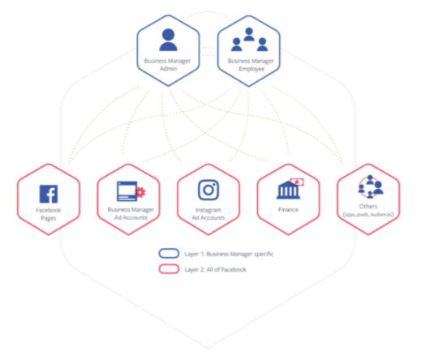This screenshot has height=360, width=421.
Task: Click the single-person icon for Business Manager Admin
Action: click(168, 40)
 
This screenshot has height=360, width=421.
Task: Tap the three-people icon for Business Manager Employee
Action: click(249, 40)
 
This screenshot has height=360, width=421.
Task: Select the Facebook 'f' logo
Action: click(49, 194)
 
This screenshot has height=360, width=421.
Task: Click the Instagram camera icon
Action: click(208, 190)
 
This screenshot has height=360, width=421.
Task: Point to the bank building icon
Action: click(288, 191)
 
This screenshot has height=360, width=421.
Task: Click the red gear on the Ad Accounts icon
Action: click(140, 192)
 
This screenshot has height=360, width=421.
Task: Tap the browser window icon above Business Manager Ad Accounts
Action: click(127, 191)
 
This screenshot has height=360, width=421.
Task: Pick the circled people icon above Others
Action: click(370, 186)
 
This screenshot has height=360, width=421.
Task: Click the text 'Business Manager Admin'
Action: click(168, 65)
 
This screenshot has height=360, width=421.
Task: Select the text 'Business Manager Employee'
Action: click(251, 65)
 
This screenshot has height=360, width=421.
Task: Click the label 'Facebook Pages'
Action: click(49, 214)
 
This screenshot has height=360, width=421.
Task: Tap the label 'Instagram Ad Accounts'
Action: click(208, 214)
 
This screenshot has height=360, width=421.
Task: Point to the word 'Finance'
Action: click(288, 209)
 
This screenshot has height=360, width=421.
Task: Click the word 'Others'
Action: click(368, 206)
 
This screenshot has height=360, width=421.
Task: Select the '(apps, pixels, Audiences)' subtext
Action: click(368, 215)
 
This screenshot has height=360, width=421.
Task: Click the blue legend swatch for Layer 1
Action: click(169, 254)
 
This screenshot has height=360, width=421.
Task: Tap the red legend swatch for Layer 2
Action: click(169, 269)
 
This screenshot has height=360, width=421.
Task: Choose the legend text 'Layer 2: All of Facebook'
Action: click(215, 269)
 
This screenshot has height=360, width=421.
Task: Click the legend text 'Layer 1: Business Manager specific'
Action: click(229, 254)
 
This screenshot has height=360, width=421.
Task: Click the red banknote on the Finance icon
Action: click(297, 182)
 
